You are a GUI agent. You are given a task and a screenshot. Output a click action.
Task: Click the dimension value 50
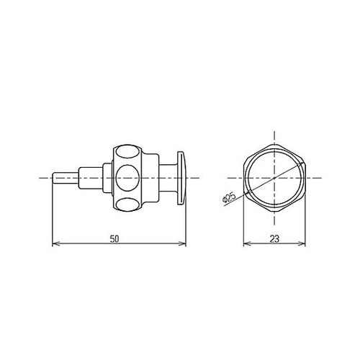point(114,239)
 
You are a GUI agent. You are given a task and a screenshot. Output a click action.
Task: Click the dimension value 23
point(274,239)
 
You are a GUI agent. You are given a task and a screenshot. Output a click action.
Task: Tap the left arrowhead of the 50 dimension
point(55,244)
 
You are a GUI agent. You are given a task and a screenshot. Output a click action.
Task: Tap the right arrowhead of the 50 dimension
point(184,244)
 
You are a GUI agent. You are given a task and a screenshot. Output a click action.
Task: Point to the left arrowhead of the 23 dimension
point(246,244)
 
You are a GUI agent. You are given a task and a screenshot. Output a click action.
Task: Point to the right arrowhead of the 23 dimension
point(302,244)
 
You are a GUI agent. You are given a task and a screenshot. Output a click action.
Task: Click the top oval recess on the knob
point(127,151)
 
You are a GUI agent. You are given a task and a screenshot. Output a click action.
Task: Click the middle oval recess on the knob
point(127,178)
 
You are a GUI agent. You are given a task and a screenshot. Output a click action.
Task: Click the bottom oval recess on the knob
point(127,204)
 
